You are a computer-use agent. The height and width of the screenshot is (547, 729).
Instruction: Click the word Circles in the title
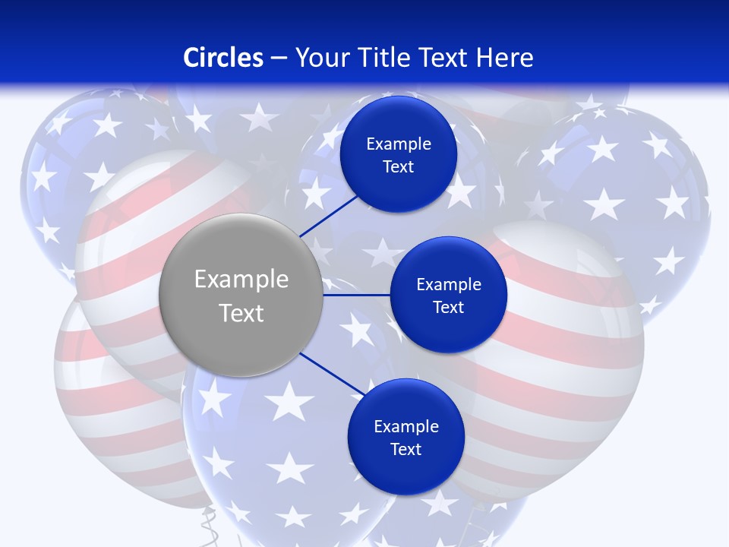[223, 58]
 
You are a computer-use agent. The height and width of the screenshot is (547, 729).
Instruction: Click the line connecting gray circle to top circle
[330, 214]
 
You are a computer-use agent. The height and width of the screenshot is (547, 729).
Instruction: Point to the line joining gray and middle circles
[356, 295]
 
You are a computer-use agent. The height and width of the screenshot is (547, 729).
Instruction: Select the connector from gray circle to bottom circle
[332, 375]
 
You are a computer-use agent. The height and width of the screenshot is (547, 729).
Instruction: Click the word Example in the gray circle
[241, 280]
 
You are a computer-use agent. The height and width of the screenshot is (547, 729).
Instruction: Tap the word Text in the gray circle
[241, 313]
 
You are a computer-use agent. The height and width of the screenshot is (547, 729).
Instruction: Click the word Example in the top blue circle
[399, 144]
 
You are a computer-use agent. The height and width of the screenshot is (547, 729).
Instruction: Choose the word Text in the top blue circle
[399, 167]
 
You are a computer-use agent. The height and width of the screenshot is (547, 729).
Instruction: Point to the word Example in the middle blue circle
[449, 284]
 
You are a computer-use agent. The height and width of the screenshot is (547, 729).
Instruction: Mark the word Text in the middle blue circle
[449, 308]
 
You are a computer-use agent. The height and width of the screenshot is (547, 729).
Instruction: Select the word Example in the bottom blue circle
[406, 426]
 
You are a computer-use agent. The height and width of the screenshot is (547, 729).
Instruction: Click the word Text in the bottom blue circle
[406, 450]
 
